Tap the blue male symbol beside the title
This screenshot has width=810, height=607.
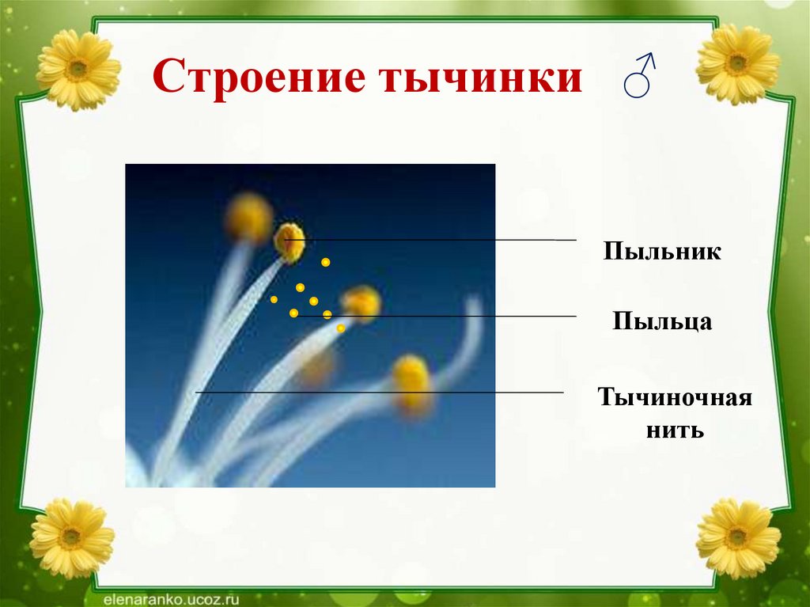tap(639, 75)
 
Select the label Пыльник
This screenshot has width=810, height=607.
tap(662, 251)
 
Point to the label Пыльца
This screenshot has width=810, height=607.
tap(662, 321)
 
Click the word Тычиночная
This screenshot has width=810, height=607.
tap(675, 397)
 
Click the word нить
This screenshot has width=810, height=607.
tap(675, 430)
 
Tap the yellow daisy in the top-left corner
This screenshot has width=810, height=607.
tap(78, 70)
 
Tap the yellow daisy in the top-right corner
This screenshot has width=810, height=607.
tap(737, 64)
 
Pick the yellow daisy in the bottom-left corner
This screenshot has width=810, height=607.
tap(72, 538)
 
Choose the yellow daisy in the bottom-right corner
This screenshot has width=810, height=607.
tap(738, 538)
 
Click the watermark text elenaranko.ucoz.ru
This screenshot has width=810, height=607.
tap(165, 600)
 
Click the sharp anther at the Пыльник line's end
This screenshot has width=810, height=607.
tap(290, 242)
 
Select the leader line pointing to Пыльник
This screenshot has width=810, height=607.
tap(430, 240)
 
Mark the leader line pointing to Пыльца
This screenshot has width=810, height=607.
tap(435, 316)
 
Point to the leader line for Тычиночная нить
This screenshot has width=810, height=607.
tap(380, 393)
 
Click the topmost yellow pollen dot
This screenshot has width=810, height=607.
tap(325, 262)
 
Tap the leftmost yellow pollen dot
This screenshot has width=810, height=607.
tap(274, 299)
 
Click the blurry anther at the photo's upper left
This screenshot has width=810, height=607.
tap(249, 217)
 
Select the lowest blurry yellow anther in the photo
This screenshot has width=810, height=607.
tap(411, 385)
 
